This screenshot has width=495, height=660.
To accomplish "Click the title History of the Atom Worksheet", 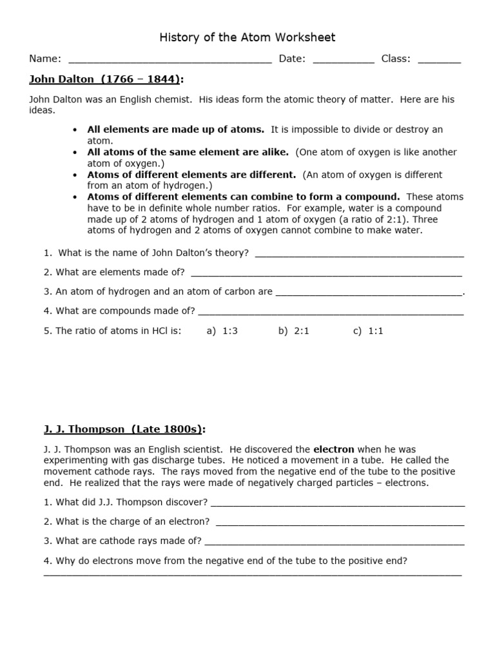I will click(x=247, y=37).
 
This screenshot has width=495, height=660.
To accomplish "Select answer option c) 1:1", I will click(x=368, y=331).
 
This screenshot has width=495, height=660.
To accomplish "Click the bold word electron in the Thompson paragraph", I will click(x=333, y=449).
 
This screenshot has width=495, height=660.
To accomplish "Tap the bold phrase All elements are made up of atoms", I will click(x=176, y=130).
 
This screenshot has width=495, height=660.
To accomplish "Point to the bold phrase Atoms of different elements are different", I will click(x=191, y=175).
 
